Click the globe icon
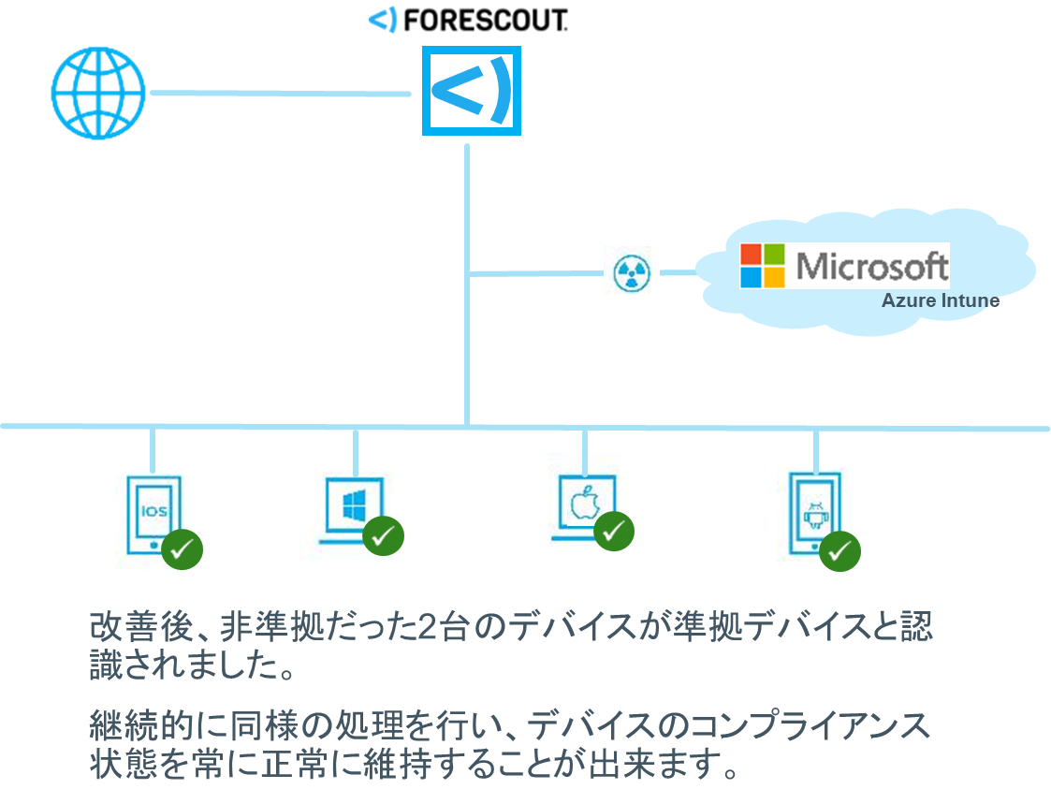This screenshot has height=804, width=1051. tap(98, 93)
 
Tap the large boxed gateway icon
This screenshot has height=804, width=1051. tap(471, 91)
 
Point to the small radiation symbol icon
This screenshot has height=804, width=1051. tap(631, 272)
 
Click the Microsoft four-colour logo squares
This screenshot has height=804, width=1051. tap(763, 266)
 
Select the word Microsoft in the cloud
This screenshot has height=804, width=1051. tap(871, 266)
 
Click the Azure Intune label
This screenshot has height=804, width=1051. tap(940, 301)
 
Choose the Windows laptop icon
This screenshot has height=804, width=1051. tap(347, 503)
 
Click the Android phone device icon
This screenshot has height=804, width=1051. tap(813, 506)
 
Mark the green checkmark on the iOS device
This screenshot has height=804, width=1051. tap(182, 548)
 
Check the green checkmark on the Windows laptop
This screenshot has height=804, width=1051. tap(383, 535)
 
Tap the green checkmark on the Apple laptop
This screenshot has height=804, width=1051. tap(614, 531)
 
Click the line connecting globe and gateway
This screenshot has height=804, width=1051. tap(281, 94)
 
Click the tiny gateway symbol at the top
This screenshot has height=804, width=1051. tap(383, 20)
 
